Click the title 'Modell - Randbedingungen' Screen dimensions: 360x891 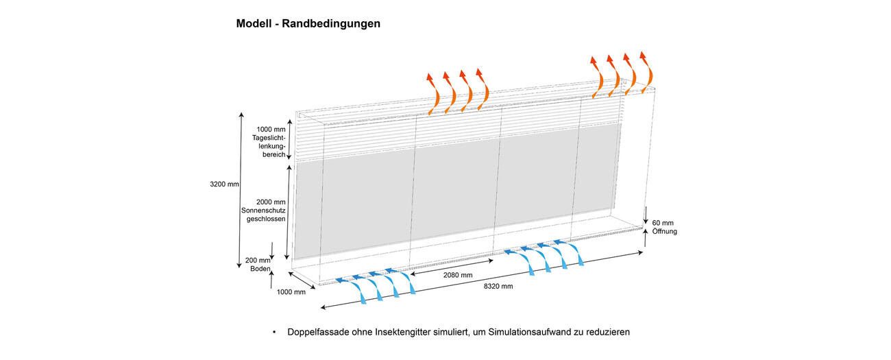308,24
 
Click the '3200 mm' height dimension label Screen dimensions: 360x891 225,184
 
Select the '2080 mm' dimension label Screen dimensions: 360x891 457,275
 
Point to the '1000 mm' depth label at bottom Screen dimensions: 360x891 291,292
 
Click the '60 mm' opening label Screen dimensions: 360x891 663,222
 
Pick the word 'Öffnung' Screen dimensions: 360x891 664,232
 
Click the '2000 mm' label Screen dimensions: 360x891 270,202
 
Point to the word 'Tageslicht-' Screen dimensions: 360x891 270,138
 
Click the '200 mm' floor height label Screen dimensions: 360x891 258,261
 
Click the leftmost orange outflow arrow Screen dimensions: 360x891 433,92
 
